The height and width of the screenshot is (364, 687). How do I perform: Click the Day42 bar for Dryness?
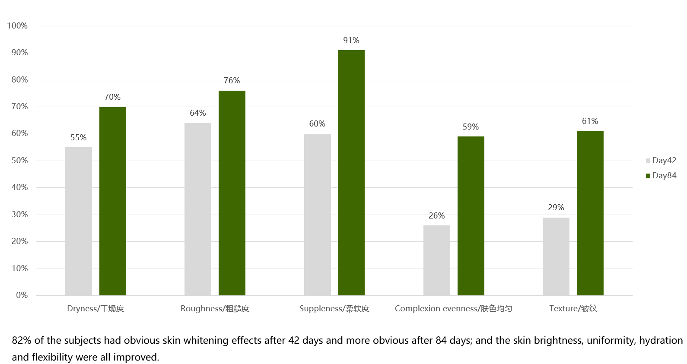[79, 221]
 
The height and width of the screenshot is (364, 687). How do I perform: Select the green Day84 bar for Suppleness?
[351, 173]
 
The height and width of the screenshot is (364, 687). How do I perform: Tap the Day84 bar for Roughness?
[232, 193]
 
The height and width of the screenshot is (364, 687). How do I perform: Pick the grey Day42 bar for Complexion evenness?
[437, 260]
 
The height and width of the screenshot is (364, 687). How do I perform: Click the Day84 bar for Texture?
[590, 213]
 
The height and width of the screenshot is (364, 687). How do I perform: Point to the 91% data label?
[351, 40]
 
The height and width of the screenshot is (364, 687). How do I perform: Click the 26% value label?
[436, 215]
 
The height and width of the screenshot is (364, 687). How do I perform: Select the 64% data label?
[198, 113]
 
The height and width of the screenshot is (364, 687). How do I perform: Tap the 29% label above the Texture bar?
[556, 207]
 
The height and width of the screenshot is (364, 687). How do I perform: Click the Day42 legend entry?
[661, 161]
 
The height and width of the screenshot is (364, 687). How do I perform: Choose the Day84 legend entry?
[661, 176]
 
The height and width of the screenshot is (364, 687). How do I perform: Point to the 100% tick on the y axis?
[17, 26]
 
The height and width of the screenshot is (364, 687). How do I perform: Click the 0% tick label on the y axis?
[22, 295]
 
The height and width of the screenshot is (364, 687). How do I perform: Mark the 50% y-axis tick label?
[19, 161]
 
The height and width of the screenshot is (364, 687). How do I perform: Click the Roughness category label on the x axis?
[215, 309]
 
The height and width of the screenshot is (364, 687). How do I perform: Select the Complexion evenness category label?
[453, 309]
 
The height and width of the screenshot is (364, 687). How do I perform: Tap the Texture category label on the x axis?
[573, 309]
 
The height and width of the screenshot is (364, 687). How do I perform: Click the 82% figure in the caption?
[22, 340]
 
